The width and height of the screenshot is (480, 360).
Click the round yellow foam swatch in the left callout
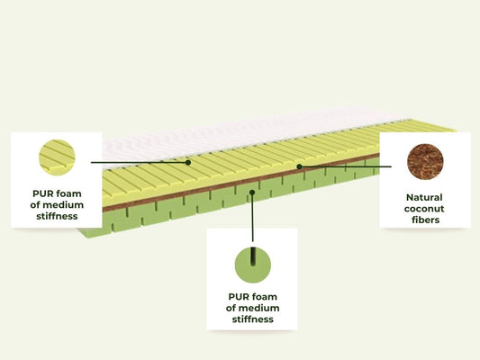(x=57, y=157)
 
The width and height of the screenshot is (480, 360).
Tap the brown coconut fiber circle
(x=425, y=161)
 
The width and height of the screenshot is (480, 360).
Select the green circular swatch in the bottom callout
(x=253, y=265)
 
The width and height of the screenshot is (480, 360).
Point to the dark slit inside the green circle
(x=253, y=256)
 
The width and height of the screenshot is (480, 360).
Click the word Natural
(x=424, y=198)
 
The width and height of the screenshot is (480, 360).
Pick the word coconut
(x=424, y=209)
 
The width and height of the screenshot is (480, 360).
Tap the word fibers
(x=425, y=220)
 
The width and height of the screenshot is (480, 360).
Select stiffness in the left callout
(x=57, y=216)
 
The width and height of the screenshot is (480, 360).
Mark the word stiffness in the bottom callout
(x=252, y=319)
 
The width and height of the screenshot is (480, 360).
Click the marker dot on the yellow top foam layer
(x=188, y=162)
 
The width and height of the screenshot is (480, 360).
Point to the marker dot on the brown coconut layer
(x=300, y=166)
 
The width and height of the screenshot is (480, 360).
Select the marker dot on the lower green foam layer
(x=252, y=193)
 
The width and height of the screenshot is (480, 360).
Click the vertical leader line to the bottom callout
(x=252, y=217)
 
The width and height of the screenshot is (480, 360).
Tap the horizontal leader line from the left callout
(x=140, y=162)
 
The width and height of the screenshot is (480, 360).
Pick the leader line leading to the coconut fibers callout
(x=345, y=166)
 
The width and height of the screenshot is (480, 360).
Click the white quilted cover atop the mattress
(x=245, y=135)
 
